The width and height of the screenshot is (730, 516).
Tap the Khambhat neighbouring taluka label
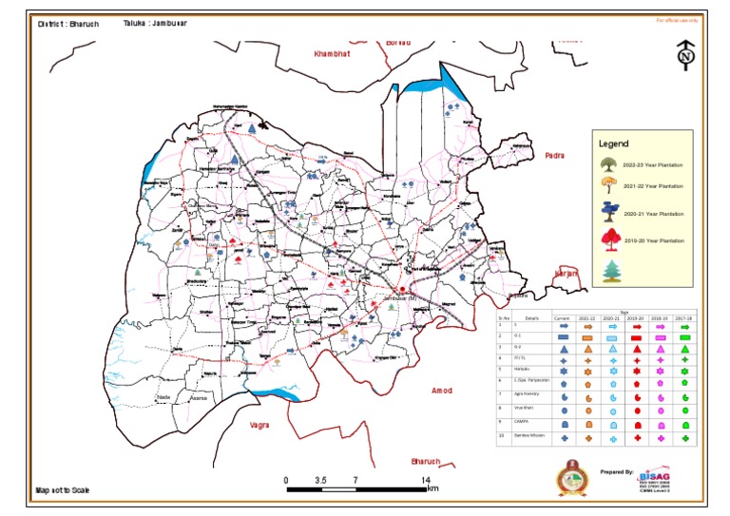pos(332,54)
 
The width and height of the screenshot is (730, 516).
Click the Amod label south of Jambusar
pos(442,391)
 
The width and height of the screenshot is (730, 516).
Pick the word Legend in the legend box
pos(613,143)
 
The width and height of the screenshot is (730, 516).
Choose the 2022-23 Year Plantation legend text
pos(652,164)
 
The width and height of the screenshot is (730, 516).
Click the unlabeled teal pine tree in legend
pos(608,271)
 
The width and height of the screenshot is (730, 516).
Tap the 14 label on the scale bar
pos(425,480)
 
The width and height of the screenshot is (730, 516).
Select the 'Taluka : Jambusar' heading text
pos(155,23)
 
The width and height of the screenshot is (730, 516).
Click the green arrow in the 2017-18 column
pos(684,325)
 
